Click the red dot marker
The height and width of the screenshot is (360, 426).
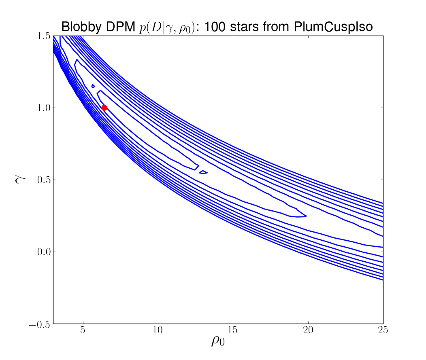point(104,108)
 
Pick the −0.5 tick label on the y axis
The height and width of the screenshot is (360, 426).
point(40,324)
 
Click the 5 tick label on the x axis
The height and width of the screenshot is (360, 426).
point(83,330)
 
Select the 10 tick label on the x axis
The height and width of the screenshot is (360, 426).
point(158,330)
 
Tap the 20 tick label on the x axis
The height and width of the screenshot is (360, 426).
point(308,330)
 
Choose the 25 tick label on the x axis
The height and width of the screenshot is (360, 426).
point(383,330)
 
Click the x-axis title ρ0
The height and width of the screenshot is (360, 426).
point(217,342)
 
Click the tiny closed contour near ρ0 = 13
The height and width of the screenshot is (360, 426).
point(203,172)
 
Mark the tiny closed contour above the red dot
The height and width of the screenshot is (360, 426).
point(93,86)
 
